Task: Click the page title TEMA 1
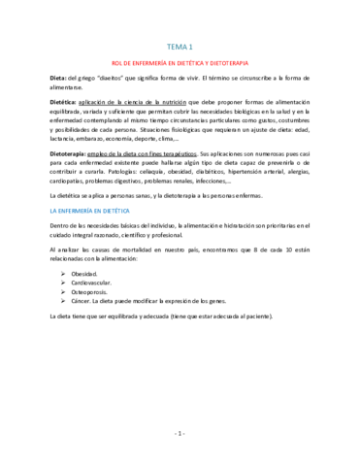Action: (180, 46)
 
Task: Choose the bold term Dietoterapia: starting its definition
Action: (47, 153)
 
